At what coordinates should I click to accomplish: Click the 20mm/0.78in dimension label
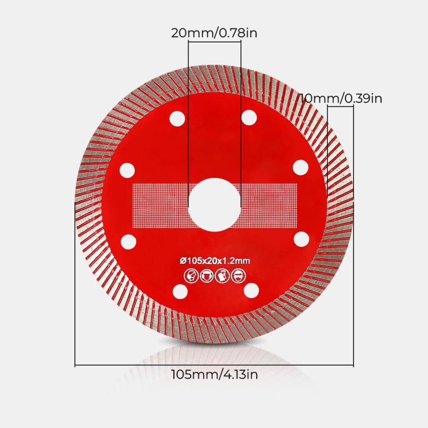[214, 33]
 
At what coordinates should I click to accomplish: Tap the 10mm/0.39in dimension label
[341, 98]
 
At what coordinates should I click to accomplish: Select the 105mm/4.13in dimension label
[214, 374]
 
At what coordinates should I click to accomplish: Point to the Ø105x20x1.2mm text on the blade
[215, 261]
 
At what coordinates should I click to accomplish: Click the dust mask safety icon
[191, 276]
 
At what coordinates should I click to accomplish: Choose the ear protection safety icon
[207, 276]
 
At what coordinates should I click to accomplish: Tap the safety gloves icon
[223, 276]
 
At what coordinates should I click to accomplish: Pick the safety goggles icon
[238, 276]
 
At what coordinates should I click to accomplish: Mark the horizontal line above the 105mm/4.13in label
[214, 365]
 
